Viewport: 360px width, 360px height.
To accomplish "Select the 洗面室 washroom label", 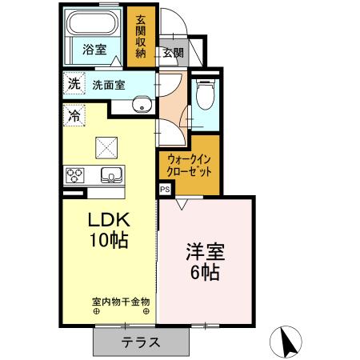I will point(107,83).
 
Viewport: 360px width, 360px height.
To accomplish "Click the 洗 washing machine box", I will point(74,83).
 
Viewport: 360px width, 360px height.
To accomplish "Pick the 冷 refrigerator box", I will point(74,115).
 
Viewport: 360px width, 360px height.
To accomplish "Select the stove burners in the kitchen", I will point(76,174).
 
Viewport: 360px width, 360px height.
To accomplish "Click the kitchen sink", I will point(110,174).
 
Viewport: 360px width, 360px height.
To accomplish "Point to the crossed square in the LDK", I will point(107,145).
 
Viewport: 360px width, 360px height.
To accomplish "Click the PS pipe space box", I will point(165,190).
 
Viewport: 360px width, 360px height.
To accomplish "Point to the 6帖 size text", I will point(206,273).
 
